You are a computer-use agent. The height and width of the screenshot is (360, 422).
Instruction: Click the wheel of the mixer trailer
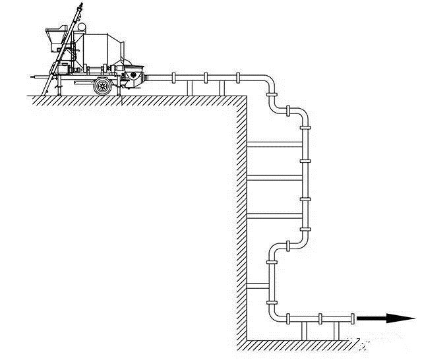[x=102, y=85]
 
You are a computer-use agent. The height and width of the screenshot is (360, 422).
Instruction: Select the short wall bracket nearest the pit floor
[x=258, y=285]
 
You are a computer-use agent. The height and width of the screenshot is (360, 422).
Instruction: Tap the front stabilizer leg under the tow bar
[x=46, y=85]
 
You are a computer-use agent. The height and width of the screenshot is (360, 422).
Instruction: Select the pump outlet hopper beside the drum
[x=136, y=71]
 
